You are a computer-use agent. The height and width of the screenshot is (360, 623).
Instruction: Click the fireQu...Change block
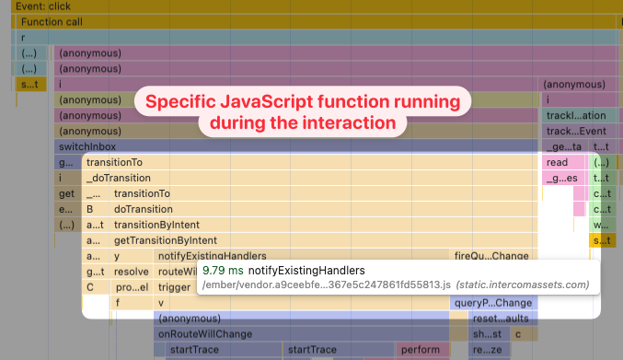(x=491, y=255)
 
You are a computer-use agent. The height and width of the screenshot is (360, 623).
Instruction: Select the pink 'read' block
(x=558, y=162)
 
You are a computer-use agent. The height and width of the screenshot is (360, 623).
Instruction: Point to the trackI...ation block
(x=576, y=115)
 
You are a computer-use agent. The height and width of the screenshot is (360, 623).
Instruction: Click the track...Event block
(x=576, y=131)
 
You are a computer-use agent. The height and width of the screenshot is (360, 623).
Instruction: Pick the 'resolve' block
(x=131, y=272)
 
